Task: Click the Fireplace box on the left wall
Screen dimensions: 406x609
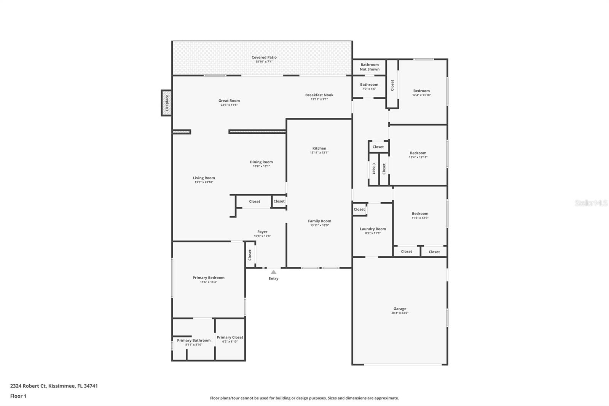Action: coord(166,103)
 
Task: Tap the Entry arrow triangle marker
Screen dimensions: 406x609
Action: coord(273,272)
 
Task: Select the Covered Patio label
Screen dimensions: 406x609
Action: coord(264,58)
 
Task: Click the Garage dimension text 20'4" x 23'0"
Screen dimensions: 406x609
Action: coord(400,313)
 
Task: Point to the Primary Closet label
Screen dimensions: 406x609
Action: coord(230,337)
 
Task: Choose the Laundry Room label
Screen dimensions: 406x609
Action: coord(373,229)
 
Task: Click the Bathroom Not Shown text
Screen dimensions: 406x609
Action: coord(370,67)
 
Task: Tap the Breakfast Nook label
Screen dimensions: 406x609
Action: coord(319,95)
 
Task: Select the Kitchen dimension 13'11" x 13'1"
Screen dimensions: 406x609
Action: coord(319,153)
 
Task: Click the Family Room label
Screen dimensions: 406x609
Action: coord(319,221)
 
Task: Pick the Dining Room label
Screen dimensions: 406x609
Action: coord(261,162)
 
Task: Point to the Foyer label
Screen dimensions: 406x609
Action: coord(262,232)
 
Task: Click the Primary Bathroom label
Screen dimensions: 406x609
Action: coord(193,340)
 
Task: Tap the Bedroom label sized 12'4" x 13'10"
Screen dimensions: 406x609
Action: coord(421,91)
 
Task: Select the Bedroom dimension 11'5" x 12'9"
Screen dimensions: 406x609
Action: coord(420,218)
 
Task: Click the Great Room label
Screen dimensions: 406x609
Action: coord(229,101)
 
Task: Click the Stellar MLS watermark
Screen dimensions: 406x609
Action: coord(591,203)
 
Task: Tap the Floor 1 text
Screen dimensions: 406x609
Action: coord(18,396)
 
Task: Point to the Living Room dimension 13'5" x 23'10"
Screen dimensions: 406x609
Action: coord(204,182)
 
